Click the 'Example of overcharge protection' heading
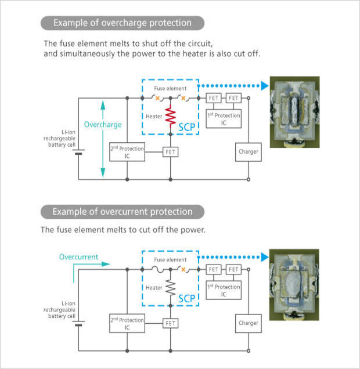[122, 23]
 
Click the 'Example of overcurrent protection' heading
[122, 211]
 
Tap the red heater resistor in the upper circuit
[171, 117]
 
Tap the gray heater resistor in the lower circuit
[171, 287]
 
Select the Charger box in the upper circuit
[248, 151]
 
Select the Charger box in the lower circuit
[248, 324]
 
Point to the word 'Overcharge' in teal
[103, 125]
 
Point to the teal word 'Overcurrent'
[78, 256]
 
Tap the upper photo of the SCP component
[294, 107]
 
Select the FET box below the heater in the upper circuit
[171, 152]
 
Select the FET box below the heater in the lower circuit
[171, 323]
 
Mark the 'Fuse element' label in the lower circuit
[170, 259]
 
